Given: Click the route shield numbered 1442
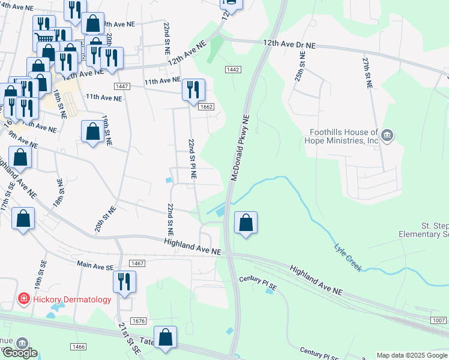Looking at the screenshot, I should point(234,70).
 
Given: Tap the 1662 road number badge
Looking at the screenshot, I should point(206,107).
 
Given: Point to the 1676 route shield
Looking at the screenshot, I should point(138,321).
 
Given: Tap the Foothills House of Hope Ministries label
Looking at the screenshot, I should point(343,137).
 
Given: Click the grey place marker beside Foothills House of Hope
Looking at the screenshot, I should point(387,136).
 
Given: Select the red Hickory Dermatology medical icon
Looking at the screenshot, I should point(23,299).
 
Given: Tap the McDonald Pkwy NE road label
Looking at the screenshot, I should point(238,147).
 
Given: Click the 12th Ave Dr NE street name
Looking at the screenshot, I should point(289,44).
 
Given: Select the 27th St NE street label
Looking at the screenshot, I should point(367,73).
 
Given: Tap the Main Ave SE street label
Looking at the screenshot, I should point(95,263).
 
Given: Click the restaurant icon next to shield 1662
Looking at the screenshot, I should point(193,90).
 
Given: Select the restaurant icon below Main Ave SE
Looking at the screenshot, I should point(124,281).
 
